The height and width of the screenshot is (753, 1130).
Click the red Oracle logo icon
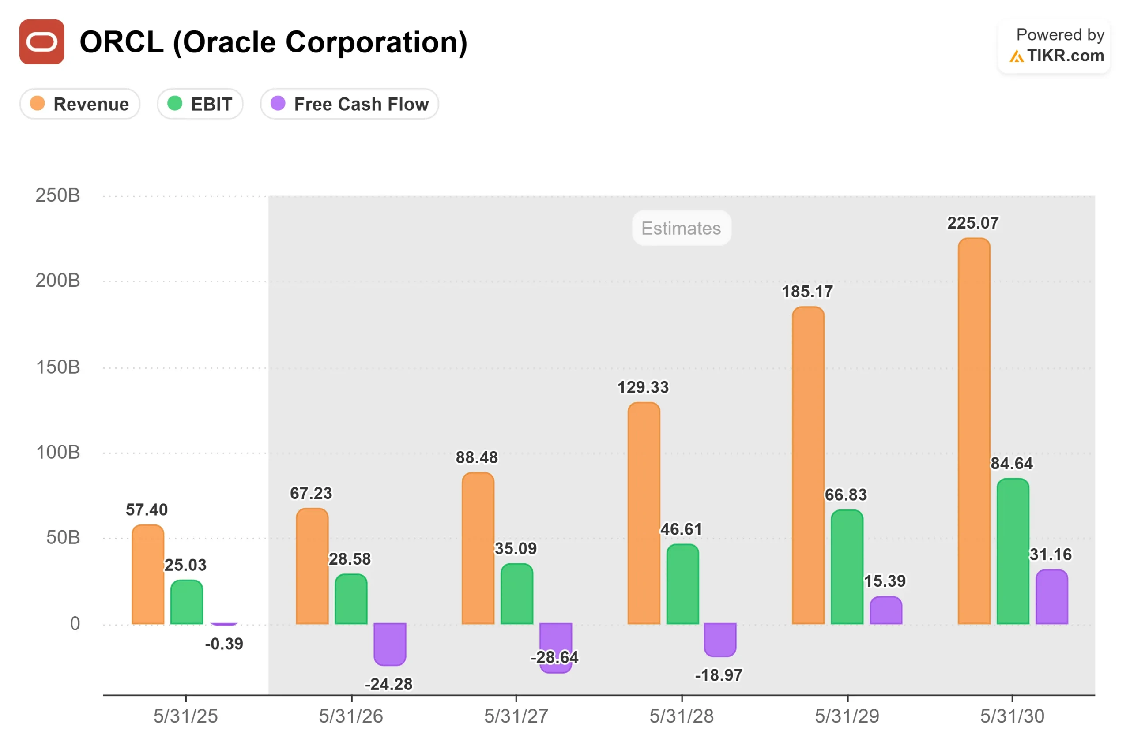click(x=42, y=42)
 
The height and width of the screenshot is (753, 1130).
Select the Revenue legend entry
click(x=80, y=104)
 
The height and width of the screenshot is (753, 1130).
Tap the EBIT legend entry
click(x=200, y=104)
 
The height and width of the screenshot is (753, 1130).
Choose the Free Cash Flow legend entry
click(x=349, y=104)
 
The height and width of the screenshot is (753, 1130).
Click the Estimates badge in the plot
click(x=681, y=228)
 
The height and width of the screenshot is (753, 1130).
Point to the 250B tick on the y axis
click(x=58, y=195)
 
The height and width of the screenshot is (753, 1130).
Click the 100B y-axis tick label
click(x=58, y=453)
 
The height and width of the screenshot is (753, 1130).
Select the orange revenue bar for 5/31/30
click(x=974, y=432)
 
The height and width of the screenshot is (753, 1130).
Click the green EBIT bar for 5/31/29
click(x=847, y=567)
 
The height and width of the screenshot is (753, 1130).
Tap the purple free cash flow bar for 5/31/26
click(x=390, y=644)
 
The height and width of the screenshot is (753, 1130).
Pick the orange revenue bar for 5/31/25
click(x=147, y=574)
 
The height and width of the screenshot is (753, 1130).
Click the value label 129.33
click(x=643, y=387)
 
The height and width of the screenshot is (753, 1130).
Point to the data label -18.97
click(x=719, y=675)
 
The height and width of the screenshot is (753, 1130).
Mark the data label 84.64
click(x=1011, y=464)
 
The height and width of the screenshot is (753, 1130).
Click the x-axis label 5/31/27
click(x=516, y=716)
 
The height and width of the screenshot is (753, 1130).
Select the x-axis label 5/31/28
click(x=681, y=716)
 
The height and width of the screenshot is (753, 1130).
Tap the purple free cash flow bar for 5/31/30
click(x=1052, y=596)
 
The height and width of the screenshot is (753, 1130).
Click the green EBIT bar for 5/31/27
click(x=516, y=594)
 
